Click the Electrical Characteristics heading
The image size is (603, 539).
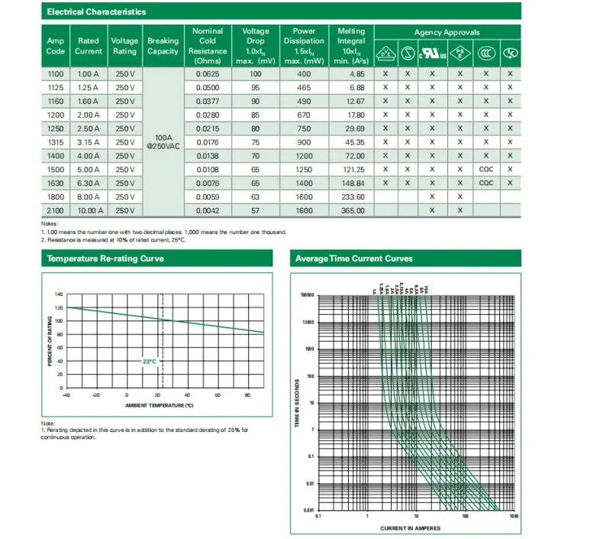click(x=96, y=12)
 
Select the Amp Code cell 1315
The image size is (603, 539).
click(x=56, y=142)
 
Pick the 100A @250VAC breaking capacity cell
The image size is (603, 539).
click(x=163, y=142)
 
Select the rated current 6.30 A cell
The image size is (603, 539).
click(x=89, y=183)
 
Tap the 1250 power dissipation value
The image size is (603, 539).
click(x=304, y=169)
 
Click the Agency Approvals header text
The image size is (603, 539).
click(x=447, y=33)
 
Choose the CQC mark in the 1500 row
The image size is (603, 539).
click(x=486, y=169)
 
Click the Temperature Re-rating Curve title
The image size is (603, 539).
click(x=105, y=258)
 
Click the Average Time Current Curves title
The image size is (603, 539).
click(x=353, y=258)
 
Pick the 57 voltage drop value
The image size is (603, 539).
click(x=255, y=210)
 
